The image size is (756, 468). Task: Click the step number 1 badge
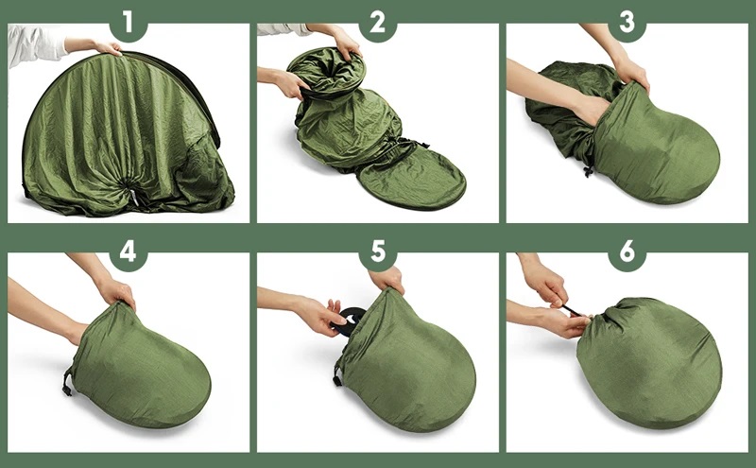coord(128,22)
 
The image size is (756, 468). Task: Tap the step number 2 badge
coord(377,22)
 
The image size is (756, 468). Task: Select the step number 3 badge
coord(627,22)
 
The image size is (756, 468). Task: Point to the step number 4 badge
coord(128,251)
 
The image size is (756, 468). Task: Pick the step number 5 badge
coord(377,251)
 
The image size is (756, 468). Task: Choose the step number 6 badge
coord(627,251)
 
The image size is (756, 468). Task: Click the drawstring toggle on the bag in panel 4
coord(67,382)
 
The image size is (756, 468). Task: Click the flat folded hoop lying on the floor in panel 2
coord(411,177)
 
